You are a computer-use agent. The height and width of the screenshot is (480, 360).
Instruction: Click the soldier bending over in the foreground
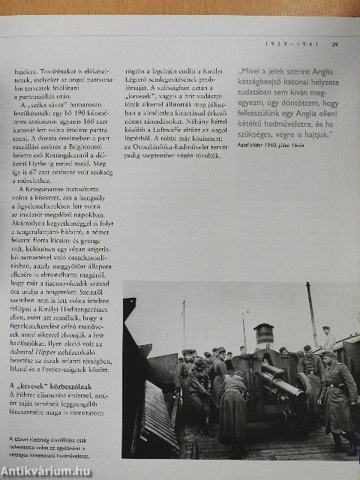pyautogui.click(x=232, y=405)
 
